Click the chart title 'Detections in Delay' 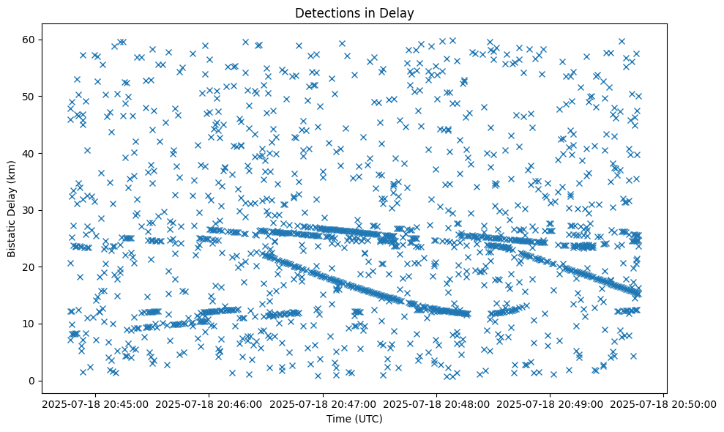tap(354, 13)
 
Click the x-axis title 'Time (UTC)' tap(354, 419)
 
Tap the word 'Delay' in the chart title tap(397, 13)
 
